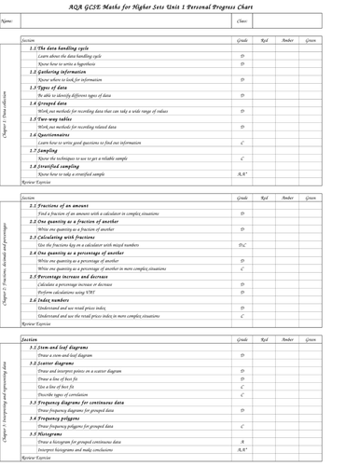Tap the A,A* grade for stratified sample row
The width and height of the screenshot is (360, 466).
pos(242,173)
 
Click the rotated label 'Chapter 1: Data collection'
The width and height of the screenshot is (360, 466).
pos(7,114)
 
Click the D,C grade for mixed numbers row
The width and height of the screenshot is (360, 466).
pos(242,245)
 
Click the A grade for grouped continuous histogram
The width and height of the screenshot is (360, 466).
pos(242,442)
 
